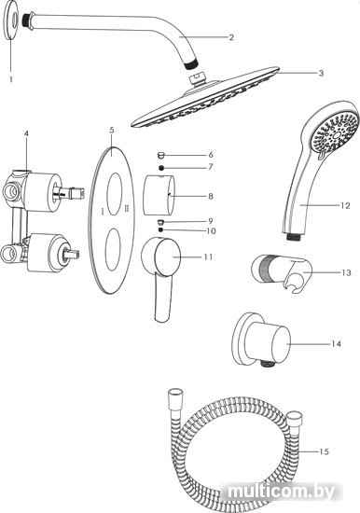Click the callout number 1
[x=11, y=79]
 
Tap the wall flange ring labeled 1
[x=12, y=21]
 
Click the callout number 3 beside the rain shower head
[x=321, y=73]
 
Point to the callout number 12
[x=345, y=205]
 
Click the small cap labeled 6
[x=161, y=155]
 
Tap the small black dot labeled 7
[x=161, y=168]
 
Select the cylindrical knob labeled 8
[x=159, y=195]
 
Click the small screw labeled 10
[x=160, y=230]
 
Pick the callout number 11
[x=208, y=257]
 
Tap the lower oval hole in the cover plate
[x=113, y=250]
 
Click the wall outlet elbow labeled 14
[x=261, y=340]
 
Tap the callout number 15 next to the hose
[x=324, y=451]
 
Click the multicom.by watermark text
[x=282, y=492]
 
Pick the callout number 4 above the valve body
[x=26, y=133]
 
